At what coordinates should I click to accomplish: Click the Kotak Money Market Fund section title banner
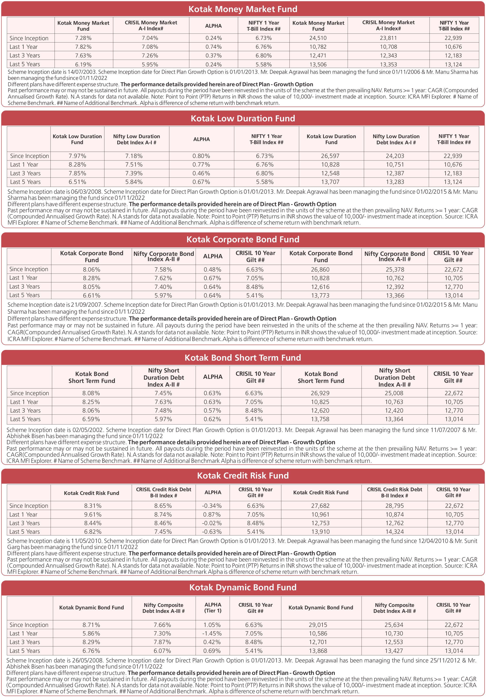[243, 9]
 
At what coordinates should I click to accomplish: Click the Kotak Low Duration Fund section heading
[243, 118]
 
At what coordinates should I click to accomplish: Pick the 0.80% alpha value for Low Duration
[201, 156]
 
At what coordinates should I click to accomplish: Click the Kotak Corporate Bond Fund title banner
[243, 239]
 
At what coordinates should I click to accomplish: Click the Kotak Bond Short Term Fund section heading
[243, 358]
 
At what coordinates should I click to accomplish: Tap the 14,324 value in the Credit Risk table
[394, 532]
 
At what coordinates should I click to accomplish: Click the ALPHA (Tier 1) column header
[213, 607]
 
